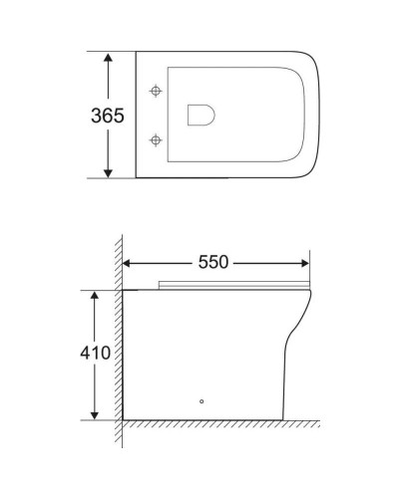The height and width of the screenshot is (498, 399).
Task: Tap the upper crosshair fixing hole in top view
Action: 156,91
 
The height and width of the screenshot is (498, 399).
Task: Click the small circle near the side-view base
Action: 202,402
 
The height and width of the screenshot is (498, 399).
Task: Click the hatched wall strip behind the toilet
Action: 118,339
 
